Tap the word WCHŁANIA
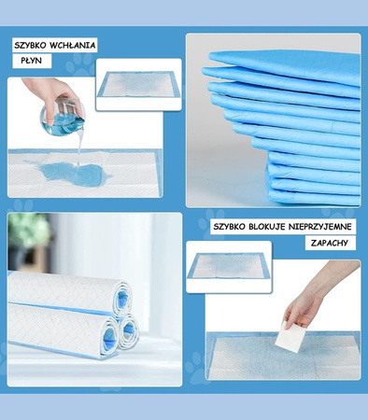(73, 46)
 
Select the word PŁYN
(31, 61)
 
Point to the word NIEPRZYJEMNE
(319, 227)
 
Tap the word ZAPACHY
(330, 243)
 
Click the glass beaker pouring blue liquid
(64, 116)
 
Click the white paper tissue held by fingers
(290, 338)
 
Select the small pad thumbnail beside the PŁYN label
(138, 84)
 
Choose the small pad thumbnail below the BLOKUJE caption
(229, 266)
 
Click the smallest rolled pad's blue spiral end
(129, 331)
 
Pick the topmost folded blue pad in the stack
(285, 65)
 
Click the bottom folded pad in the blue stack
(314, 197)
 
